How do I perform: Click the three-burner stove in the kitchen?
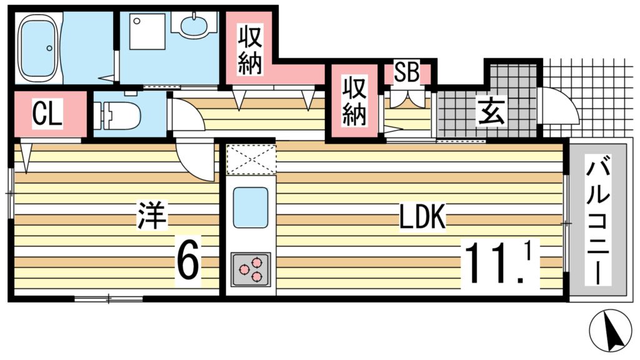tap(251, 269)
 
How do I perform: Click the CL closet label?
tap(47, 115)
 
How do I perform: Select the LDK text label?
tap(422, 217)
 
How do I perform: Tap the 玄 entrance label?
tap(487, 112)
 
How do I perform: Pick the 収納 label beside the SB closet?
tap(353, 102)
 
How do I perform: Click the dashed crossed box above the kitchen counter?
tap(250, 159)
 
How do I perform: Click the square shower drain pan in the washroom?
tap(147, 29)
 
